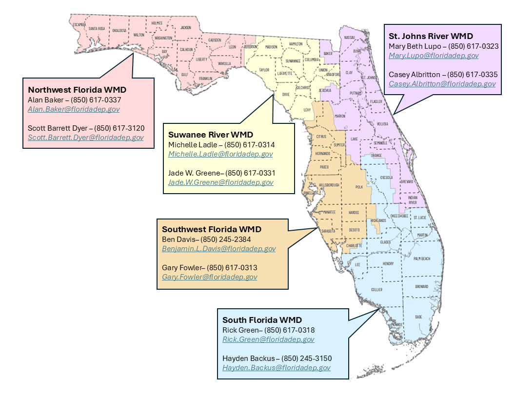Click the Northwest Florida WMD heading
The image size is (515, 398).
tap(77, 90)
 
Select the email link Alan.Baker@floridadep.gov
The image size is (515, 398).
tap(74, 109)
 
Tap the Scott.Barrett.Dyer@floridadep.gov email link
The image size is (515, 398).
tap(86, 138)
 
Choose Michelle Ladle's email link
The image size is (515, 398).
tap(220, 154)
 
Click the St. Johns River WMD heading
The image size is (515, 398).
tap(431, 36)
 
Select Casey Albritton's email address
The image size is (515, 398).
tap(442, 84)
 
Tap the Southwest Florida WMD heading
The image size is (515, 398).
tap(212, 229)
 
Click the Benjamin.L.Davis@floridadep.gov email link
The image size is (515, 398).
tap(219, 249)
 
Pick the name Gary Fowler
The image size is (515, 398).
tap(181, 268)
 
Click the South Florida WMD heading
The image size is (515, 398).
tap(262, 320)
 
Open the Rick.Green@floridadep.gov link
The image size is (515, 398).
tap(268, 339)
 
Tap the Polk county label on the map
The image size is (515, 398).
tap(360, 187)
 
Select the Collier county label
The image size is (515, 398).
tap(376, 290)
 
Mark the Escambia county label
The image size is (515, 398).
tap(79, 24)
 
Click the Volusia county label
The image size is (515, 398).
tap(383, 124)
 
